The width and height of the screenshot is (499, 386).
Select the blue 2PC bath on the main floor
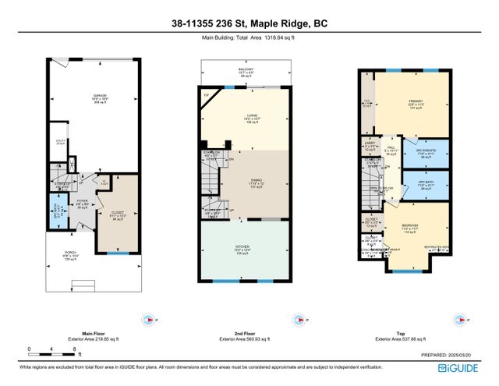55,211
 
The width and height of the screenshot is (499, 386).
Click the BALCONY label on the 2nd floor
246,73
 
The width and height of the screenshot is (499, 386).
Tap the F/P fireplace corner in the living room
207,97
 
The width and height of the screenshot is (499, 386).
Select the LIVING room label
251,119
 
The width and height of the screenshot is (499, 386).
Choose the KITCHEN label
244,250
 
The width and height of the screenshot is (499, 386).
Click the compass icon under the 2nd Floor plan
299,319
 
